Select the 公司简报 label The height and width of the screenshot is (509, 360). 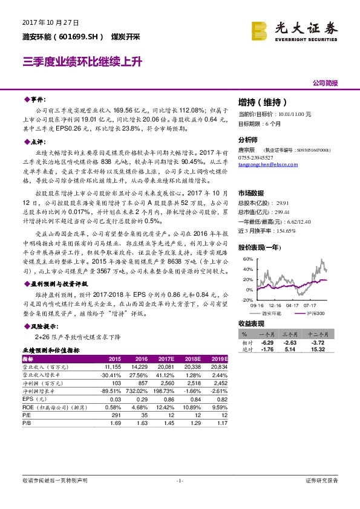click(324, 83)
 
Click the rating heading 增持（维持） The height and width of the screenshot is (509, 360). click(262, 102)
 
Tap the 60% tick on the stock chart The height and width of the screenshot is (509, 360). click(246, 259)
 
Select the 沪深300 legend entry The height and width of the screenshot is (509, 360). click(316, 313)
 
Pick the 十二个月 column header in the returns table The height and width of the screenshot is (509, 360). click(316, 333)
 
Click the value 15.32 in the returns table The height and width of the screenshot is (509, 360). click(318, 349)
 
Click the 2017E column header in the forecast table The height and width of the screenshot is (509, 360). click(166, 359)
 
